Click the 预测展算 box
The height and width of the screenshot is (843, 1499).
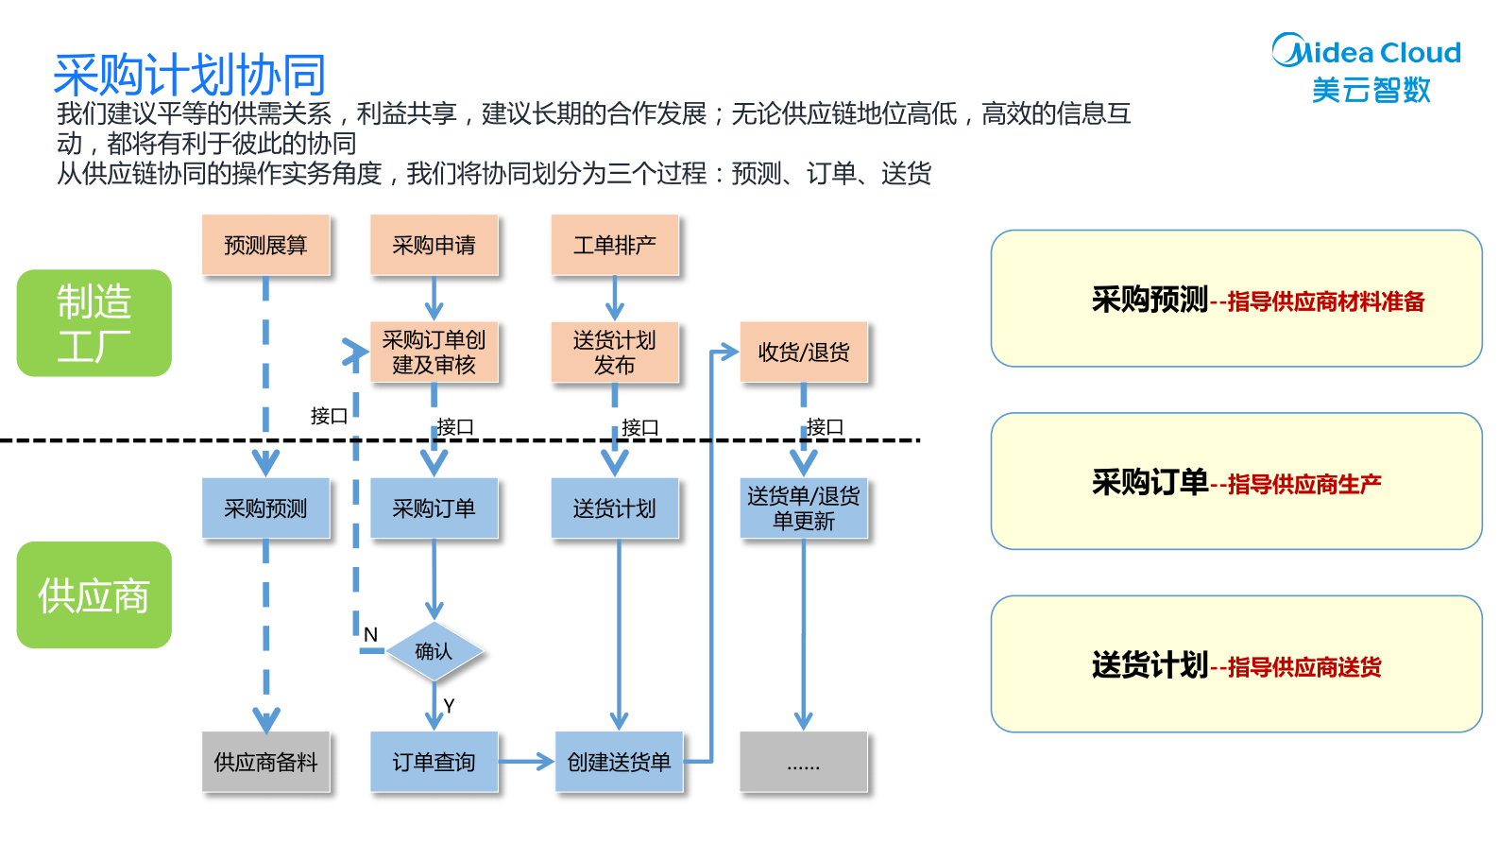tap(265, 246)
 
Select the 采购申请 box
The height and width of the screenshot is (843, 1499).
tap(434, 246)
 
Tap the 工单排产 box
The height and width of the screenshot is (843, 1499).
tap(614, 246)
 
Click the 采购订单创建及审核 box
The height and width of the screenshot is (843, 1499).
tap(434, 353)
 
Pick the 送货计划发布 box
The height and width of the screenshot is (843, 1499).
tap(614, 353)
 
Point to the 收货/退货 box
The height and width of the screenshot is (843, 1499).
tap(803, 353)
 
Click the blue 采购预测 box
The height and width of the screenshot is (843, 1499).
tap(265, 508)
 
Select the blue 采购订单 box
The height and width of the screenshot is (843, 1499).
tap(434, 508)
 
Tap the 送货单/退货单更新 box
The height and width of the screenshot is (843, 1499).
tap(803, 508)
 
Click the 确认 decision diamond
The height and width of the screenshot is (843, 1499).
tap(434, 651)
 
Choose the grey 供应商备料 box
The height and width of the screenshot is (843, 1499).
tap(265, 762)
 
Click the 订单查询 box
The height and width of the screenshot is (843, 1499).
tap(434, 762)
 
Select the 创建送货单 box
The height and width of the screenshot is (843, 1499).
tap(619, 762)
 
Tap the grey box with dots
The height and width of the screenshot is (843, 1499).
tap(803, 762)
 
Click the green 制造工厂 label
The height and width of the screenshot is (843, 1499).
tap(94, 323)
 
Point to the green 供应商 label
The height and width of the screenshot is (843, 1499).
tap(94, 595)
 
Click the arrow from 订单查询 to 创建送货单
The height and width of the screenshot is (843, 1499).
tap(525, 761)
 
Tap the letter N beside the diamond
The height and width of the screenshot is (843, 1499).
tap(370, 635)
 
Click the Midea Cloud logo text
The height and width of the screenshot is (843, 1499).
tap(1367, 53)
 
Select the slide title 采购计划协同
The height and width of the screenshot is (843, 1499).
tap(190, 75)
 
